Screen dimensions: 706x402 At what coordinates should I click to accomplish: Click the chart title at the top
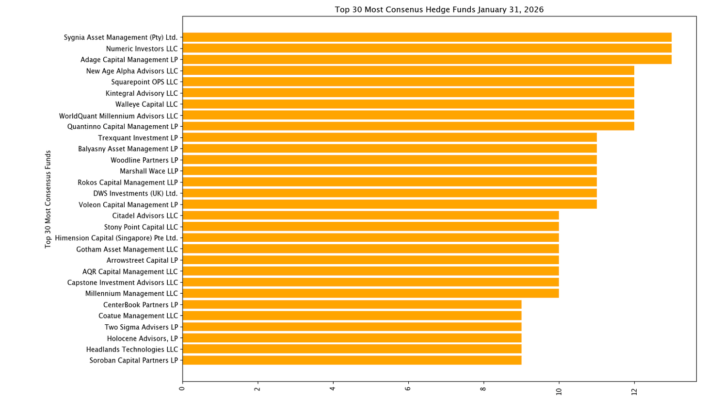[x=439, y=9]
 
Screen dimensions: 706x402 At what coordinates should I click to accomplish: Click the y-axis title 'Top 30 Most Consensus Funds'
[x=48, y=199]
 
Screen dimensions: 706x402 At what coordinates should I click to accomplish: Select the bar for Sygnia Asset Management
[x=427, y=37]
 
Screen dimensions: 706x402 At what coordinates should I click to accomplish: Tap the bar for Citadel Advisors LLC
[x=370, y=216]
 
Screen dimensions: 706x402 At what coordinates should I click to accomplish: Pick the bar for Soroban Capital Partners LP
[x=352, y=360]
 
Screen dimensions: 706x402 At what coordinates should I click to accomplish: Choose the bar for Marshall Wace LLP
[x=389, y=171]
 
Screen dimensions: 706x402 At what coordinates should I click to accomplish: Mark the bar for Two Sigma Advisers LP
[x=352, y=327]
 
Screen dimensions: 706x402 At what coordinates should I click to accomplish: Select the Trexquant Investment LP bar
[x=389, y=137]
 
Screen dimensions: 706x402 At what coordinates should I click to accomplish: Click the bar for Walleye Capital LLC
[x=408, y=104]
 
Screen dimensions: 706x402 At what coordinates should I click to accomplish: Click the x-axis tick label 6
[x=407, y=388]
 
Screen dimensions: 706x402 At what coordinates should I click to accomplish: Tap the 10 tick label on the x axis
[x=559, y=392]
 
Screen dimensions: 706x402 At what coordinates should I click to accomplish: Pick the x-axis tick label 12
[x=634, y=392]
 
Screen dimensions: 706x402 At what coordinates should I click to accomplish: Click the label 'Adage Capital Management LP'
[x=129, y=60]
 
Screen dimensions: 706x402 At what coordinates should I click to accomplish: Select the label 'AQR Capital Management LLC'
[x=130, y=272]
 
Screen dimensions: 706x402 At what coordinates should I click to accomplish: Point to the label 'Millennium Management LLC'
[x=132, y=293]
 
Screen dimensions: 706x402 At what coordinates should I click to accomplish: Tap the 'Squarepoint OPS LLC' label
[x=144, y=82]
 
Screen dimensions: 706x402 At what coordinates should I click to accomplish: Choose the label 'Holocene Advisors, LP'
[x=143, y=338]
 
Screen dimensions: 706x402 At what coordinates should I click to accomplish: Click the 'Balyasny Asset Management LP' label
[x=128, y=149]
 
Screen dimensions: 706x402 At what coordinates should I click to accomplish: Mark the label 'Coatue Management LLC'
[x=138, y=316]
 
